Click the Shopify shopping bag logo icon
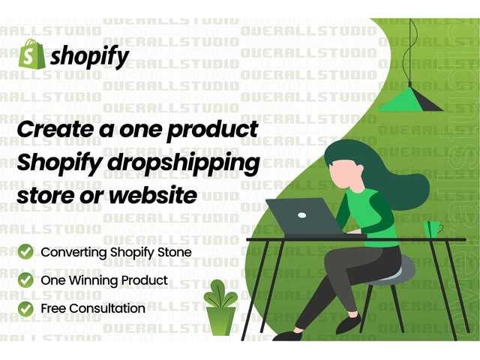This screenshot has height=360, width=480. tap(31, 54)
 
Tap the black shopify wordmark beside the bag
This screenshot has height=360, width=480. tap(90, 57)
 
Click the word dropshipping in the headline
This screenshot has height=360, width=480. tap(184, 163)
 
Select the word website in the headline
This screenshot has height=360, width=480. tap(153, 195)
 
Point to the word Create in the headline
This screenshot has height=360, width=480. tap(55, 129)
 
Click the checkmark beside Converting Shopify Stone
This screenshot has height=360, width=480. tap(25, 252)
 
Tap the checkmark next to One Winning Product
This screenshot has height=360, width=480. tap(25, 280)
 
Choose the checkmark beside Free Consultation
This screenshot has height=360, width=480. tap(25, 308)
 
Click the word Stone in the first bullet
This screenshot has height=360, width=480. tap(175, 252)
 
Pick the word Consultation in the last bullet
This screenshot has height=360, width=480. tap(107, 308)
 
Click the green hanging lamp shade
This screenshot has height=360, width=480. tap(410, 100)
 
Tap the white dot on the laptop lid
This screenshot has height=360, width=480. tap(301, 215)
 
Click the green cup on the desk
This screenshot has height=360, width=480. tap(433, 229)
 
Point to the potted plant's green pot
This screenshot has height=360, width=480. tap(220, 321)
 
